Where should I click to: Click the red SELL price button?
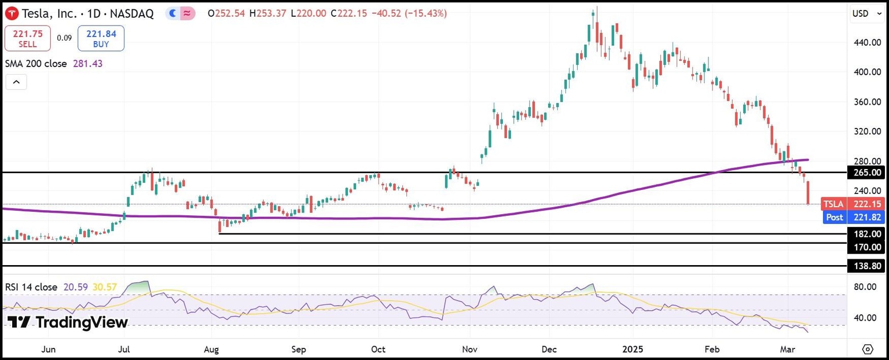click(27, 39)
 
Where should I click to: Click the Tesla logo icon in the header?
click(11, 13)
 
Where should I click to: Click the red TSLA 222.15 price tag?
click(865, 204)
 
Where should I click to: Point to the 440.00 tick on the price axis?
click(866, 42)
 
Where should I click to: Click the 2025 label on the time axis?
click(633, 350)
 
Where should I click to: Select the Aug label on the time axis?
click(211, 350)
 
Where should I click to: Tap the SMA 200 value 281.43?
click(88, 64)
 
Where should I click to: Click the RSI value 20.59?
click(74, 287)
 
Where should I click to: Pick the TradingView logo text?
click(68, 322)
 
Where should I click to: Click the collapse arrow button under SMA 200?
click(16, 83)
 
